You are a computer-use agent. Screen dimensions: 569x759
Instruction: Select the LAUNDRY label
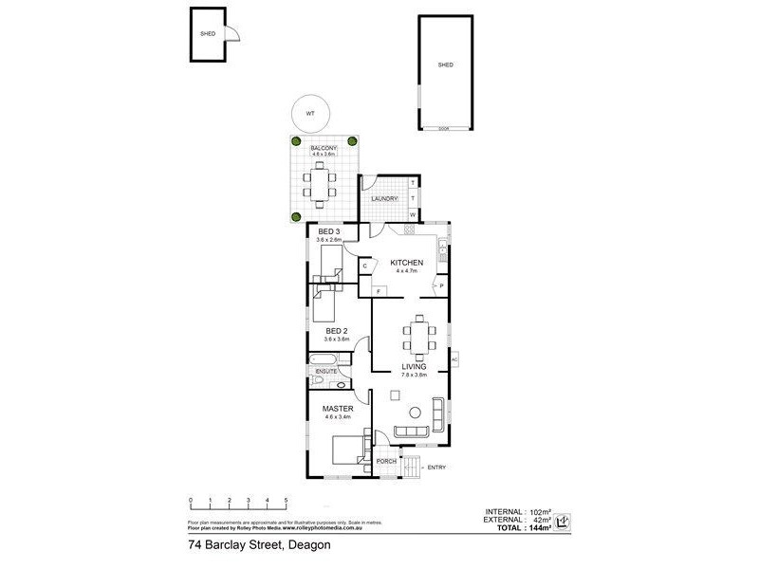pyautogui.click(x=383, y=198)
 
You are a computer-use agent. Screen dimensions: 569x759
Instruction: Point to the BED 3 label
pyautogui.click(x=328, y=232)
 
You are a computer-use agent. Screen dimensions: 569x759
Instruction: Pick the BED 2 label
pyautogui.click(x=337, y=331)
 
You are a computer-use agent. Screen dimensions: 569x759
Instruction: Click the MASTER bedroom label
pyautogui.click(x=337, y=409)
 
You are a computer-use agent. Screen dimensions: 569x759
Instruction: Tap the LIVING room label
pyautogui.click(x=414, y=366)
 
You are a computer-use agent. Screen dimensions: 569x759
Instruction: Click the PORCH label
pyautogui.click(x=386, y=462)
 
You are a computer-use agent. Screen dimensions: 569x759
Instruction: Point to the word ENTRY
pyautogui.click(x=436, y=468)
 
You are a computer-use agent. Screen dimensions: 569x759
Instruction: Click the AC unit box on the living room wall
pyautogui.click(x=454, y=360)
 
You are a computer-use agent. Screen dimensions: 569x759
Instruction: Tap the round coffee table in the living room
pyautogui.click(x=415, y=412)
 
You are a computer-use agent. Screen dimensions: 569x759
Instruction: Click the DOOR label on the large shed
pyautogui.click(x=443, y=127)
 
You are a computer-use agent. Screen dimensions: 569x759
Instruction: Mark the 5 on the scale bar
pyautogui.click(x=286, y=500)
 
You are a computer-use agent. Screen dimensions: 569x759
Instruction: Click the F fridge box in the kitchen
pyautogui.click(x=378, y=290)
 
